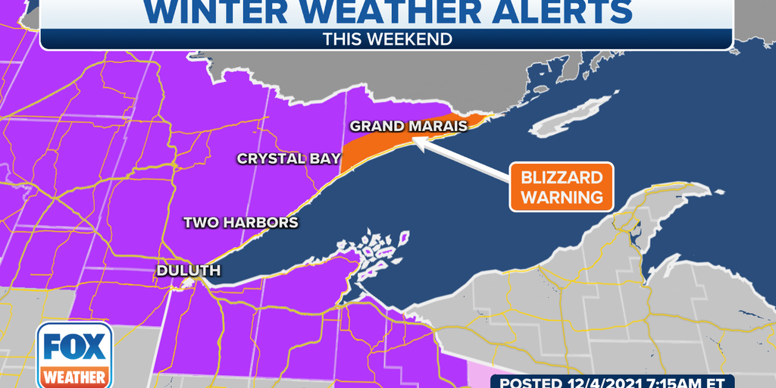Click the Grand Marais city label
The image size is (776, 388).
408,126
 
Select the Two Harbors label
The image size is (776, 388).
241,223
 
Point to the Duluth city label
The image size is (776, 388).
189,271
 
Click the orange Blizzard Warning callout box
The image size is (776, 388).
562,187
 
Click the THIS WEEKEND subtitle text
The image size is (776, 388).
386,38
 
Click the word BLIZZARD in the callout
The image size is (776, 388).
562,178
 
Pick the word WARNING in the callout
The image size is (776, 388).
562,197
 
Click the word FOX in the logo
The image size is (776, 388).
74,347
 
